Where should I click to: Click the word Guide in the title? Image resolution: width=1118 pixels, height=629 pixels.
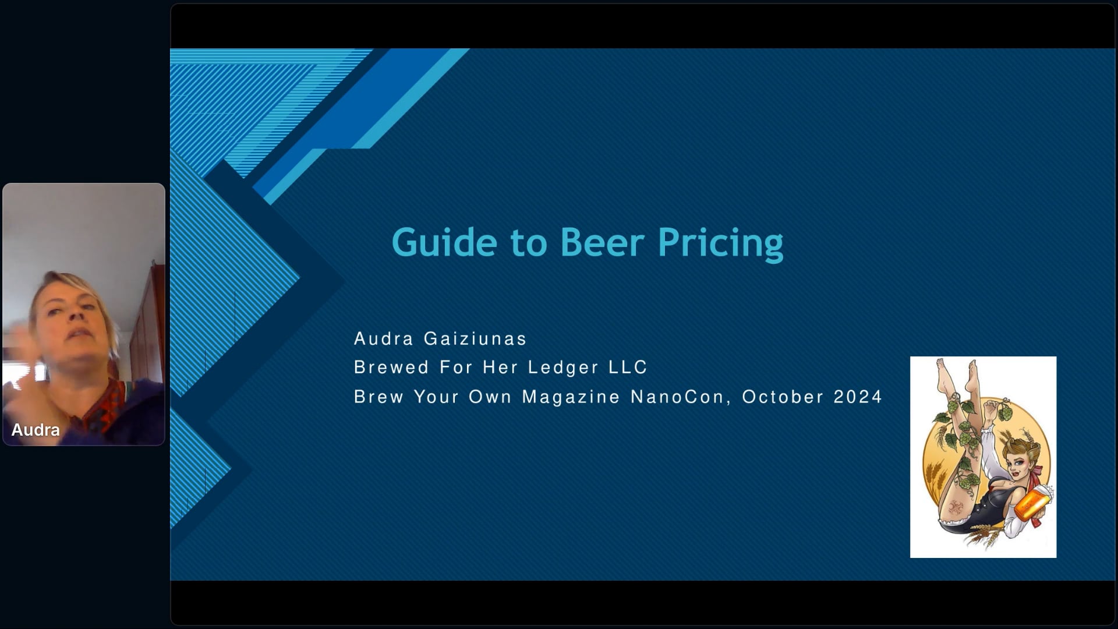[444, 242]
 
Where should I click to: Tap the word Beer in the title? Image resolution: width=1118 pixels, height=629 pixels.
[602, 242]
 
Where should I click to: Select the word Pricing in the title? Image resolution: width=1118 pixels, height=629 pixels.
[721, 244]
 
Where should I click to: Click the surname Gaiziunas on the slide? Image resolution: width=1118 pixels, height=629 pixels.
[475, 338]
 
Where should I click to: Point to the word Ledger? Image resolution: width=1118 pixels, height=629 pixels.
[563, 367]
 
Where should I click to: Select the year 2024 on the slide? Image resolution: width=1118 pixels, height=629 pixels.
[858, 397]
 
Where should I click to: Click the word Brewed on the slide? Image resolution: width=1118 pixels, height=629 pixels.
[391, 367]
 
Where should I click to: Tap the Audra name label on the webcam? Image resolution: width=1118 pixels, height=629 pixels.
[36, 430]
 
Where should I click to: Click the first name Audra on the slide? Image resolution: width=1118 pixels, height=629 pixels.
[384, 338]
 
